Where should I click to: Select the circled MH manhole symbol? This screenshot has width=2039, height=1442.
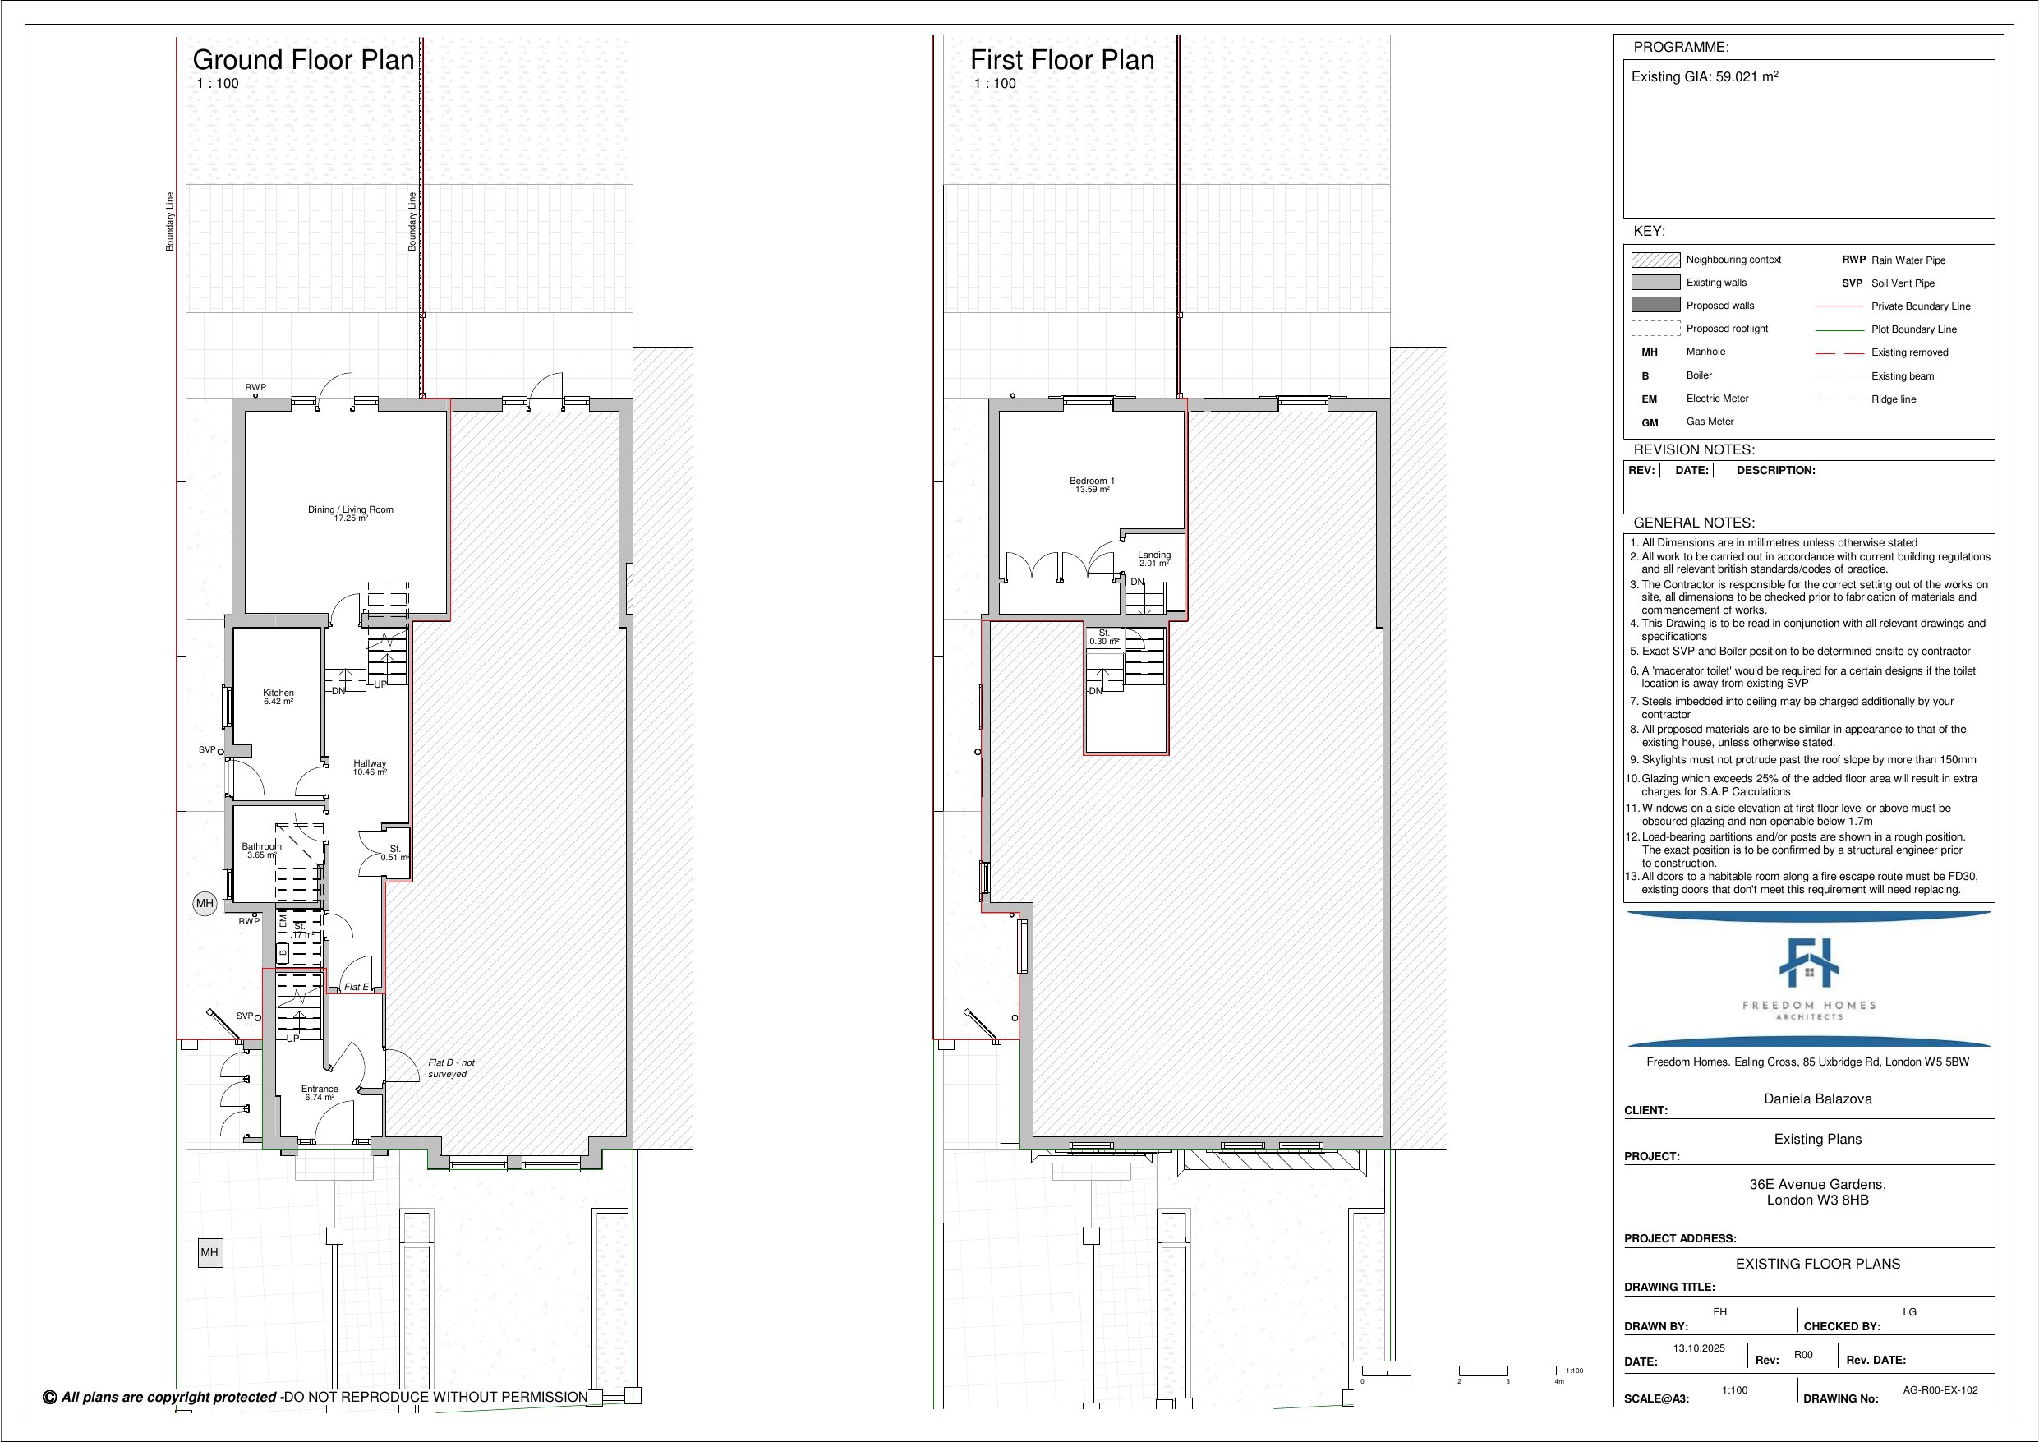click(205, 904)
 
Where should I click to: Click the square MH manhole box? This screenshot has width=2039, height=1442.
click(209, 1253)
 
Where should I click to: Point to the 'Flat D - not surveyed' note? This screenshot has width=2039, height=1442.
click(451, 1068)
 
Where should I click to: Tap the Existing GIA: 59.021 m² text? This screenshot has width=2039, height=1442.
click(1704, 76)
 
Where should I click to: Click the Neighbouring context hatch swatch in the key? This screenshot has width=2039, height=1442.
click(1655, 260)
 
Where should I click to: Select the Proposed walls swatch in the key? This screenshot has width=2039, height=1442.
click(1655, 305)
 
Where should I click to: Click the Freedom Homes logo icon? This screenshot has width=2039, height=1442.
click(1809, 962)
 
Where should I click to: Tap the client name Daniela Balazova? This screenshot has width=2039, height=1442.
click(1817, 1099)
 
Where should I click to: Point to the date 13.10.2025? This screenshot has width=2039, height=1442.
click(1699, 1348)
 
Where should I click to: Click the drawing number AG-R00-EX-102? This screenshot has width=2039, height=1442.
click(1940, 1390)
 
